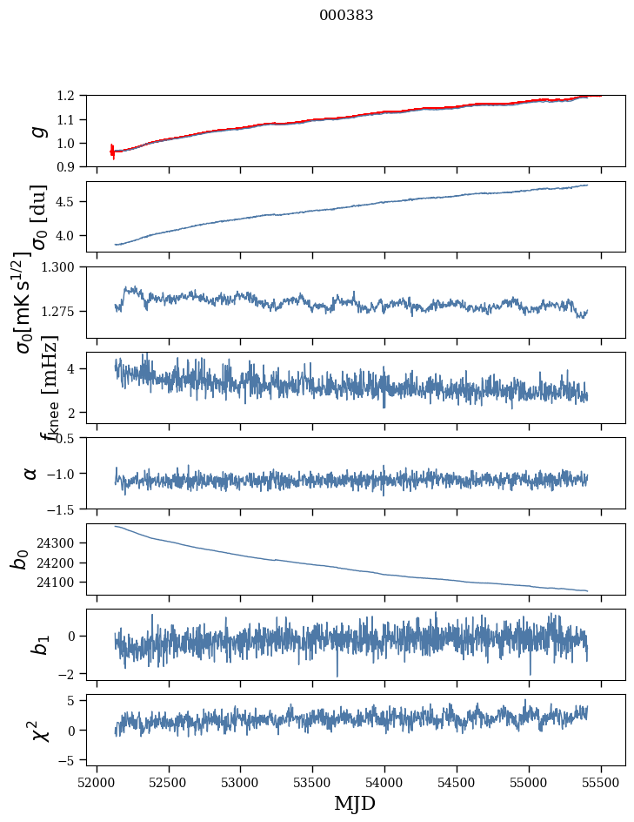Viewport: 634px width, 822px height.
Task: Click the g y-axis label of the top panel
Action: (37, 131)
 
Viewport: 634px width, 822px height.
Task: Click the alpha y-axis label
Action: (31, 473)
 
